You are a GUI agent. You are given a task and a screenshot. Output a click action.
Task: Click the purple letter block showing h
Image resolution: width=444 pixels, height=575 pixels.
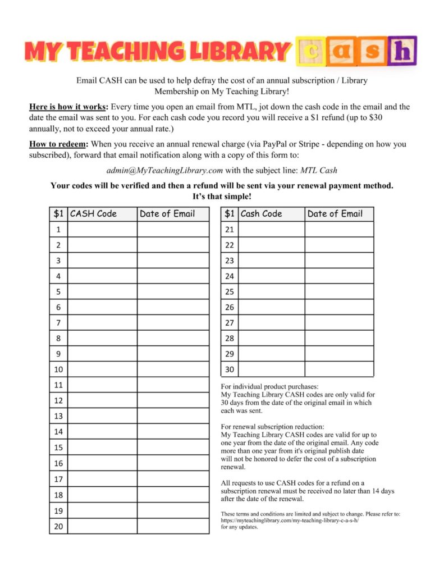(405, 53)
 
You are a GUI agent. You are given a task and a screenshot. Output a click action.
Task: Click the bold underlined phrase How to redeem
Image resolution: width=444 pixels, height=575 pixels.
(58, 144)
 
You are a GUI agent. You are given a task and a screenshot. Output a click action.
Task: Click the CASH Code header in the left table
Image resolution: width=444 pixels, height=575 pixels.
(94, 213)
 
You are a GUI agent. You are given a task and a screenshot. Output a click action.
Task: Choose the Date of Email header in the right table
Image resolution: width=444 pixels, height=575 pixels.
(335, 213)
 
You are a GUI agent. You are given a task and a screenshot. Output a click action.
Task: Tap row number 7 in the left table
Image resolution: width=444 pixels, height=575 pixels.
(58, 323)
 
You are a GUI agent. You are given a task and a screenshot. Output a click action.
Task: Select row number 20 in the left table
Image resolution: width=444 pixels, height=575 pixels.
(58, 527)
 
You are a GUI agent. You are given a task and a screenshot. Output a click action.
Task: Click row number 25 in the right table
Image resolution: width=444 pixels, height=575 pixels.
(230, 291)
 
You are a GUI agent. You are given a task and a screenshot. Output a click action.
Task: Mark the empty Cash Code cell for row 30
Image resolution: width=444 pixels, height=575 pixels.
(272, 369)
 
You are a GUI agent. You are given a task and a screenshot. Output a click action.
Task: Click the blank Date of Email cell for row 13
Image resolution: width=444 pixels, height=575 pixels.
(172, 416)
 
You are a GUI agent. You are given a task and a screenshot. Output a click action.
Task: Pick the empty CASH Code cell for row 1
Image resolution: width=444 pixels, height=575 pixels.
(102, 229)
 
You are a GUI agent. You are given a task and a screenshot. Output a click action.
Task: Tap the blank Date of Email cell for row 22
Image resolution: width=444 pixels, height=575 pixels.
(339, 245)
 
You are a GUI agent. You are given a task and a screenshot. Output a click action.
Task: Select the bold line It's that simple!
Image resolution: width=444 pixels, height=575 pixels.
(222, 197)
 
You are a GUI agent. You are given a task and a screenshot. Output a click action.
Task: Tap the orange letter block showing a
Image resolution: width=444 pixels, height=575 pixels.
(342, 53)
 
